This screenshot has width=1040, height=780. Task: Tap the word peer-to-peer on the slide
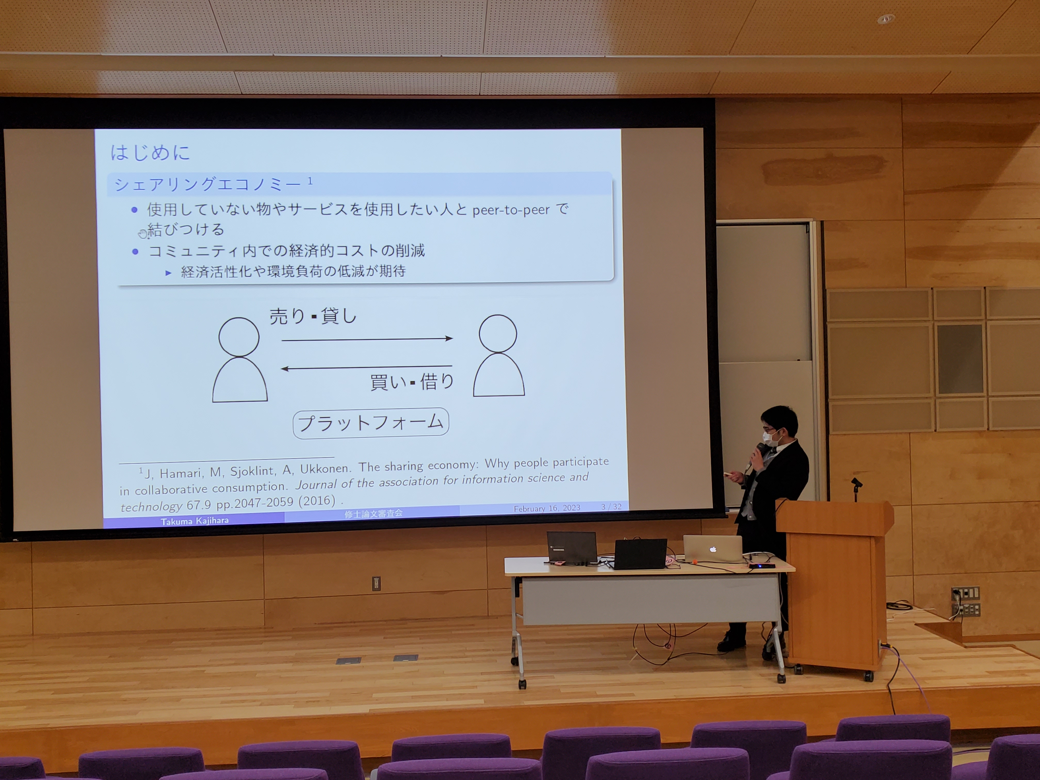pos(511,210)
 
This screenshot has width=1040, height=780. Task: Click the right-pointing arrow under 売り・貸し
pos(367,338)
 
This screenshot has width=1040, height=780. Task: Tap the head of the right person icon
pos(498,333)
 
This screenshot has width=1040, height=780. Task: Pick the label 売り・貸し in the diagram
pos(313,316)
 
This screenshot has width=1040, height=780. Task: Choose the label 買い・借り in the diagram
pos(412,381)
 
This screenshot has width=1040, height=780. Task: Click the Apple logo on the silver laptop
pos(713,549)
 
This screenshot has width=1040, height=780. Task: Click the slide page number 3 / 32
pos(611,506)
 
